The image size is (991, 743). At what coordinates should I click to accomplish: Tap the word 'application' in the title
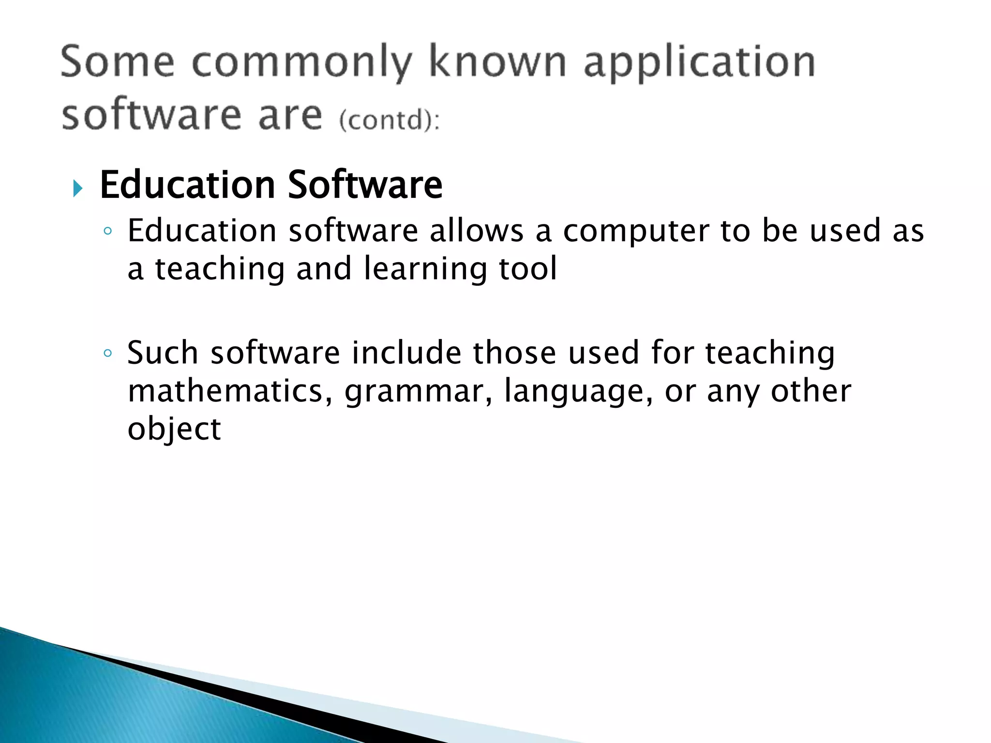[700, 63]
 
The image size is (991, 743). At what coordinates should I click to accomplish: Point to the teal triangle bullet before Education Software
[77, 188]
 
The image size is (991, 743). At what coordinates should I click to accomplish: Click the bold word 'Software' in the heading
[365, 185]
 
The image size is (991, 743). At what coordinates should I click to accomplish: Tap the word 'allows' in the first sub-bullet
[477, 230]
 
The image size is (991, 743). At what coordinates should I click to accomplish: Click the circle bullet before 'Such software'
[107, 353]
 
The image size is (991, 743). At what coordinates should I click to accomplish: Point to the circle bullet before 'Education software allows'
[107, 231]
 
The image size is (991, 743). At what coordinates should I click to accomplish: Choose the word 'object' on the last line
[174, 430]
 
